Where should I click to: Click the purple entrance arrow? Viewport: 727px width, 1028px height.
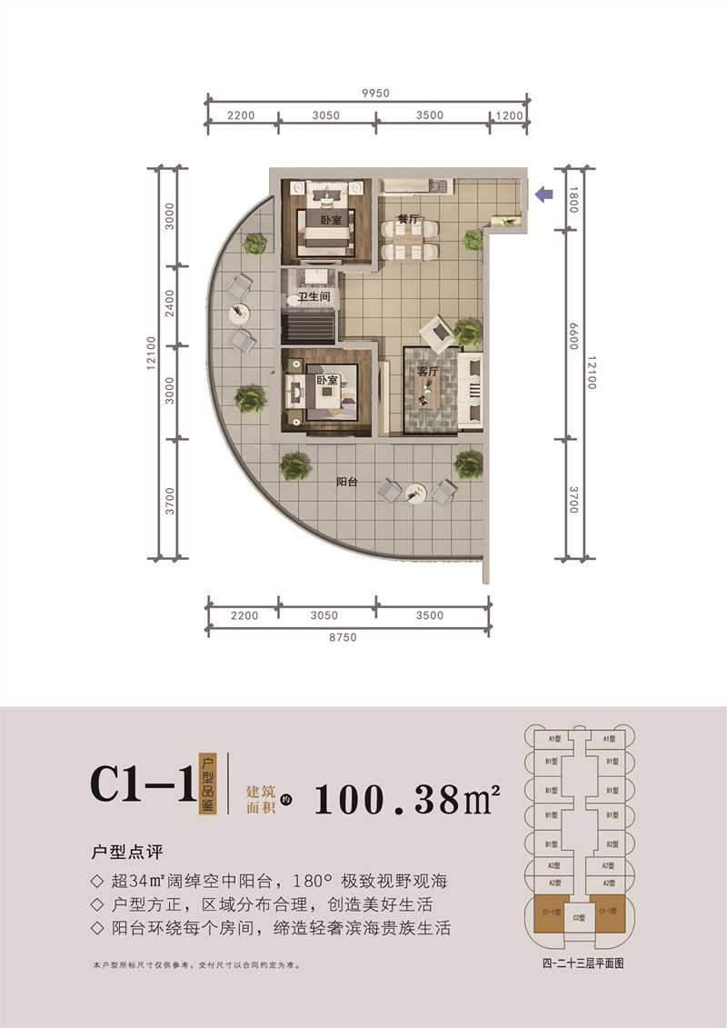pyautogui.click(x=544, y=194)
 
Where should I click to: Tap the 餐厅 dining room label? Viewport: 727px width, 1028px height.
pyautogui.click(x=407, y=219)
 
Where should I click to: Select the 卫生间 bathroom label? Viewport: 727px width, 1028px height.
pyautogui.click(x=313, y=297)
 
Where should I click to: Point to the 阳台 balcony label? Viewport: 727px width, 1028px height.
pyautogui.click(x=345, y=483)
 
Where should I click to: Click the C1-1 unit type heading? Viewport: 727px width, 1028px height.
pyautogui.click(x=143, y=783)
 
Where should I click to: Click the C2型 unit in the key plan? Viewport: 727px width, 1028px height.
pyautogui.click(x=578, y=919)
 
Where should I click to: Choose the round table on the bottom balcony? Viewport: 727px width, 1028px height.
pyautogui.click(x=416, y=492)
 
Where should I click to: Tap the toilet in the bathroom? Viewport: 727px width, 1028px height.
pyautogui.click(x=296, y=300)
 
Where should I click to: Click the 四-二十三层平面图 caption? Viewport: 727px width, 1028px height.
pyautogui.click(x=578, y=964)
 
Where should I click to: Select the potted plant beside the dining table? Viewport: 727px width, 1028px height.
pyautogui.click(x=473, y=239)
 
